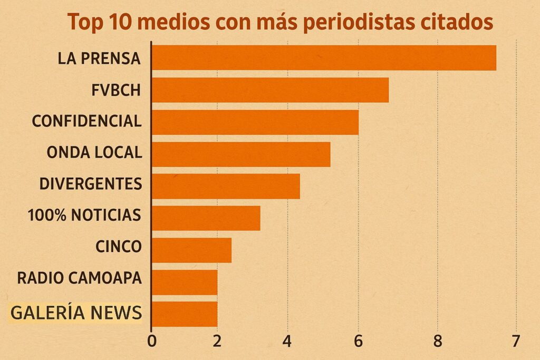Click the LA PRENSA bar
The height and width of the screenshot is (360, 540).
pyautogui.click(x=324, y=58)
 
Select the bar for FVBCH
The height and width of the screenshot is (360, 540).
pyautogui.click(x=270, y=90)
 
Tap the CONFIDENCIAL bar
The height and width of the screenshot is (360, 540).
pyautogui.click(x=255, y=122)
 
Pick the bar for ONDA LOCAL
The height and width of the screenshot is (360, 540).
pyautogui.click(x=240, y=154)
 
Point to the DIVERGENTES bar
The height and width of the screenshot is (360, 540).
pyautogui.click(x=226, y=186)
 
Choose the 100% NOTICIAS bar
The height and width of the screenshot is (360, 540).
pyautogui.click(x=206, y=218)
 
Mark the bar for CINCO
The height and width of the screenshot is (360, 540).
pyautogui.click(x=191, y=250)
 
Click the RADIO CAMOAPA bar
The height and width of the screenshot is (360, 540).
pyautogui.click(x=184, y=283)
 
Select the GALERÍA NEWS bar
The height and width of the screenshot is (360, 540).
pyautogui.click(x=184, y=314)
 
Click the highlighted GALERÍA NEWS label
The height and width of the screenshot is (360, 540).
pyautogui.click(x=76, y=313)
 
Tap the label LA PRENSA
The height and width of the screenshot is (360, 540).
pyautogui.click(x=99, y=58)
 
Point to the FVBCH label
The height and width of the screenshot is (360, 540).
pyautogui.click(x=115, y=90)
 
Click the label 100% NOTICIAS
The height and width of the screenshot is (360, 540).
pyautogui.click(x=84, y=215)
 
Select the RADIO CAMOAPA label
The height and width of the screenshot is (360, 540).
pyautogui.click(x=79, y=278)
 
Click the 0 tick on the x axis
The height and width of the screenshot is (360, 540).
pyautogui.click(x=152, y=341)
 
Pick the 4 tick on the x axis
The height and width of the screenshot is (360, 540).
pyautogui.click(x=287, y=341)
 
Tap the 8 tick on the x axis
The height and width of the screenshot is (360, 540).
pyautogui.click(x=437, y=341)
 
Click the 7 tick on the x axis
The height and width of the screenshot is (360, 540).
pyautogui.click(x=515, y=341)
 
